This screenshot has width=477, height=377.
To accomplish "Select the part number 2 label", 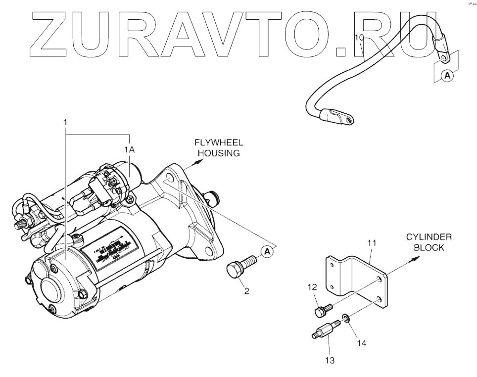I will click(246, 291).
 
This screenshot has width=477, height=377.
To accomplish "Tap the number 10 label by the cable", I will click(360, 38).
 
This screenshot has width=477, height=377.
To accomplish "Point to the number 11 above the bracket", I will click(372, 243).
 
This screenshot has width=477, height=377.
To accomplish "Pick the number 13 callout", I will click(330, 361).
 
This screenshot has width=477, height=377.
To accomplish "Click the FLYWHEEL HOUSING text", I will click(218, 147).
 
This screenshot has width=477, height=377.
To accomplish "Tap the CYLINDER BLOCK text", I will click(429, 242).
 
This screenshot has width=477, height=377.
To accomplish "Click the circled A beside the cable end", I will click(447, 76).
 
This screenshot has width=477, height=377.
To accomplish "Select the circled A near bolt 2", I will click(268, 252).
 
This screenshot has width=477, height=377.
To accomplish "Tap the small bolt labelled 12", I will click(322, 310).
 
